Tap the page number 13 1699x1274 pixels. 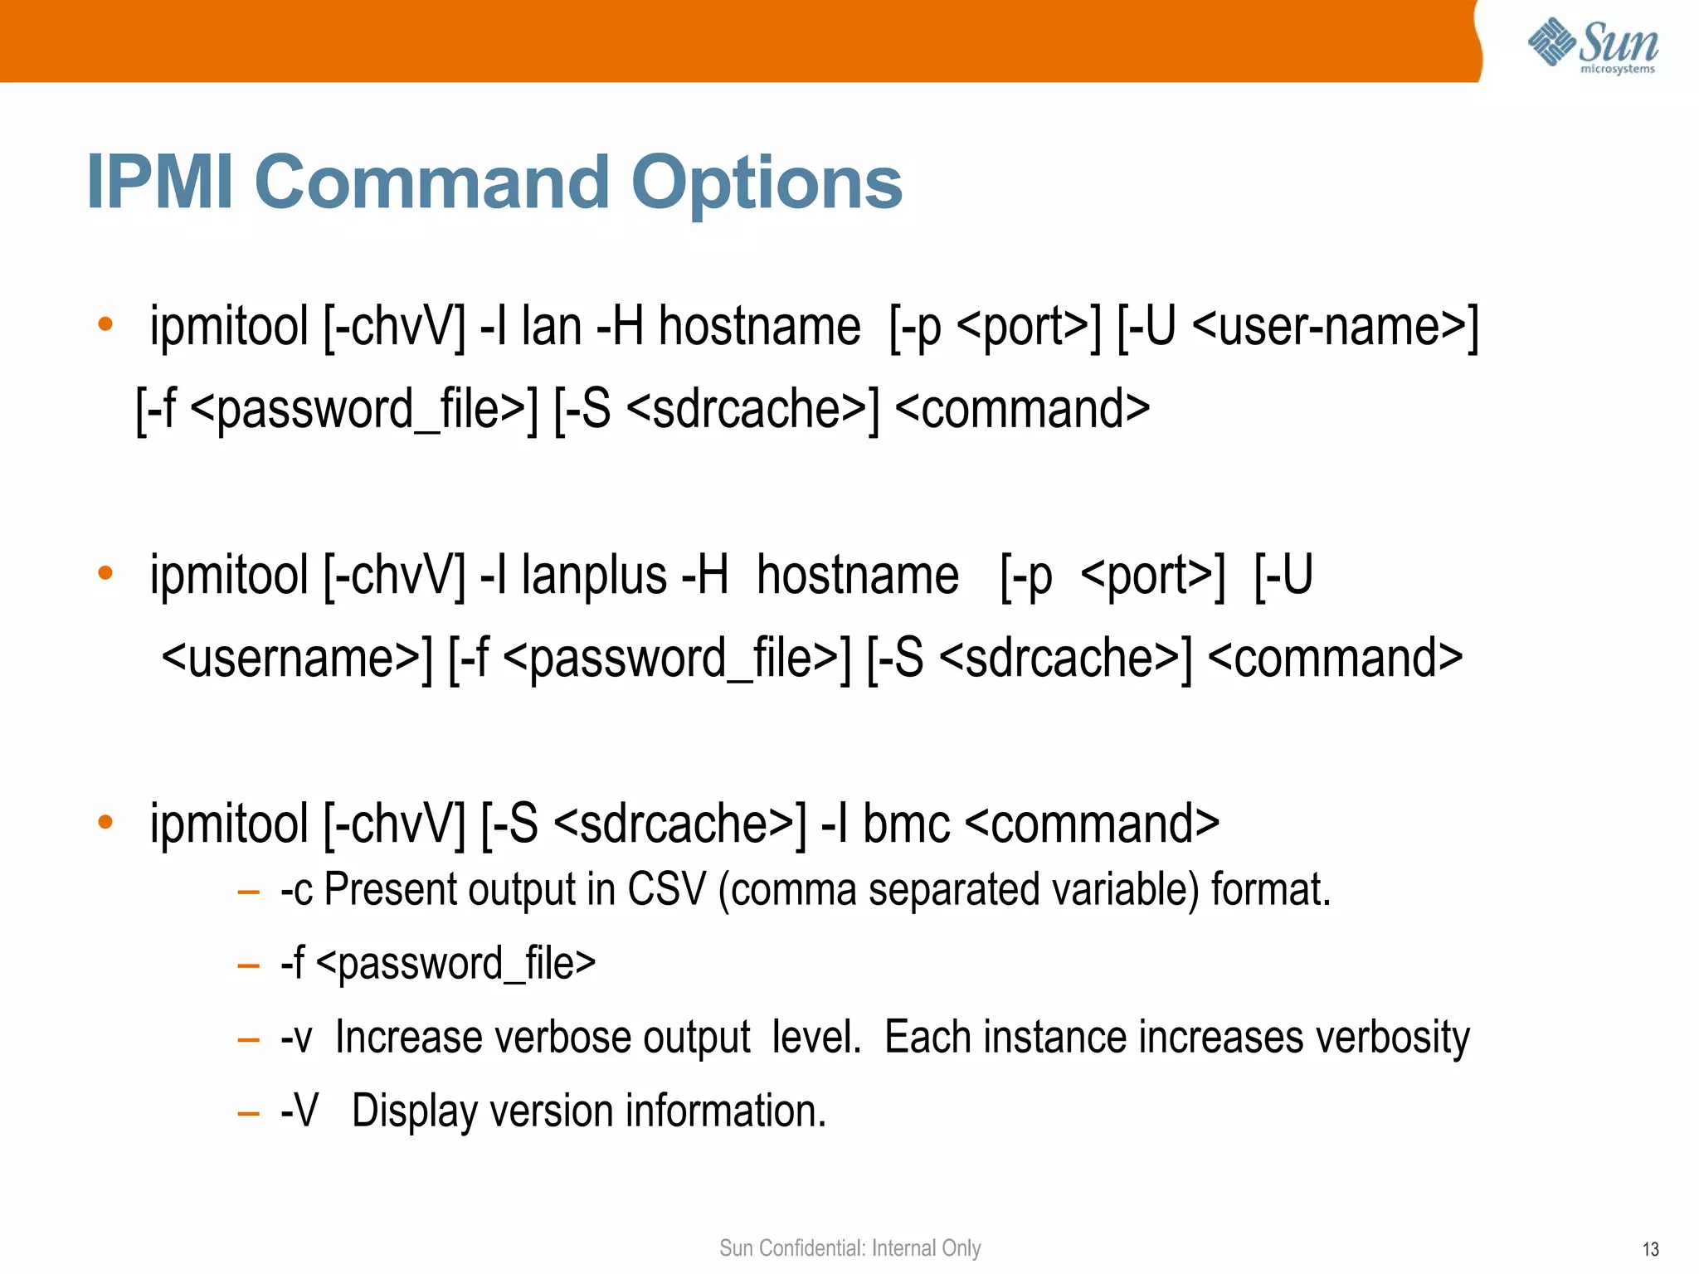tap(1650, 1249)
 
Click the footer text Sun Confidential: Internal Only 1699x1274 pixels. tap(849, 1248)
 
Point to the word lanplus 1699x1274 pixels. tap(594, 576)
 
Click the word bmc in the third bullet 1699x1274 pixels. tap(906, 824)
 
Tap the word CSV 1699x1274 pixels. tap(665, 890)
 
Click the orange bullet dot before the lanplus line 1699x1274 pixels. tap(105, 573)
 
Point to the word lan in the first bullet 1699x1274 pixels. tap(551, 326)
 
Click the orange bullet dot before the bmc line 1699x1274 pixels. tap(105, 822)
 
